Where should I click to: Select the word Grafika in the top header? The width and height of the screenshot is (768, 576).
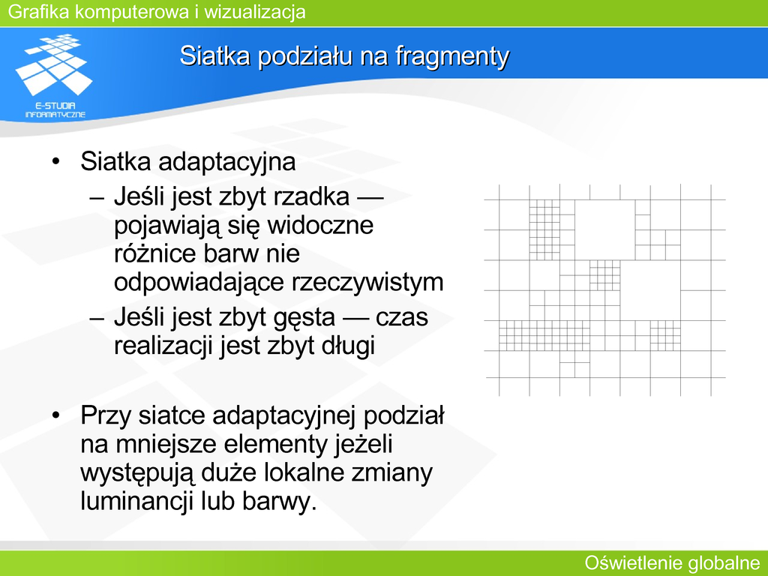[39, 12]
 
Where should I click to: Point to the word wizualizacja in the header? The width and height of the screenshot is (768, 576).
[255, 12]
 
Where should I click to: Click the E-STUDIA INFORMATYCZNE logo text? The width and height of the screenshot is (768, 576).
[55, 110]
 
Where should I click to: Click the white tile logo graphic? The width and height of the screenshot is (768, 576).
[53, 64]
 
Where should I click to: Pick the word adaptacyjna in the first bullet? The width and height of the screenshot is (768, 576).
[226, 163]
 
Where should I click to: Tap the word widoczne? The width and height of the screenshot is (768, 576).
[320, 225]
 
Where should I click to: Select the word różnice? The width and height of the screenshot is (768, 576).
[152, 253]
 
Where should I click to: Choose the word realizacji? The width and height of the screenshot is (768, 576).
[163, 346]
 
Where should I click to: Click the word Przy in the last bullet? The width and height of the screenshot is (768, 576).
[106, 416]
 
